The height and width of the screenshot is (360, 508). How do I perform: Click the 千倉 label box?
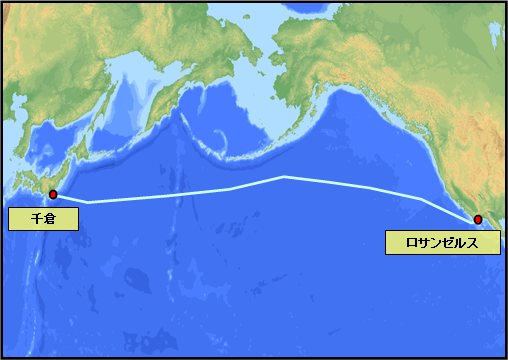point(43,219)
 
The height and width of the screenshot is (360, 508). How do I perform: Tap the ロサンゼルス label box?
point(442,242)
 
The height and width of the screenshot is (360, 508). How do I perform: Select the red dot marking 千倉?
point(52,195)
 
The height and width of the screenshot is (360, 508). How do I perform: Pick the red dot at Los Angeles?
point(478,219)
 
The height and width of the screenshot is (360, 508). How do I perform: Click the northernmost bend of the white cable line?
point(284,177)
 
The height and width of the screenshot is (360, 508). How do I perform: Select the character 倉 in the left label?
point(50,219)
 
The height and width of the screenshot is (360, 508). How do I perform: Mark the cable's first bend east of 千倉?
point(88,202)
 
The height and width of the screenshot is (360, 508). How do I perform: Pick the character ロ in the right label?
point(412,242)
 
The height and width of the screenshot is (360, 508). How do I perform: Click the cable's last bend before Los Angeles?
point(420,199)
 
